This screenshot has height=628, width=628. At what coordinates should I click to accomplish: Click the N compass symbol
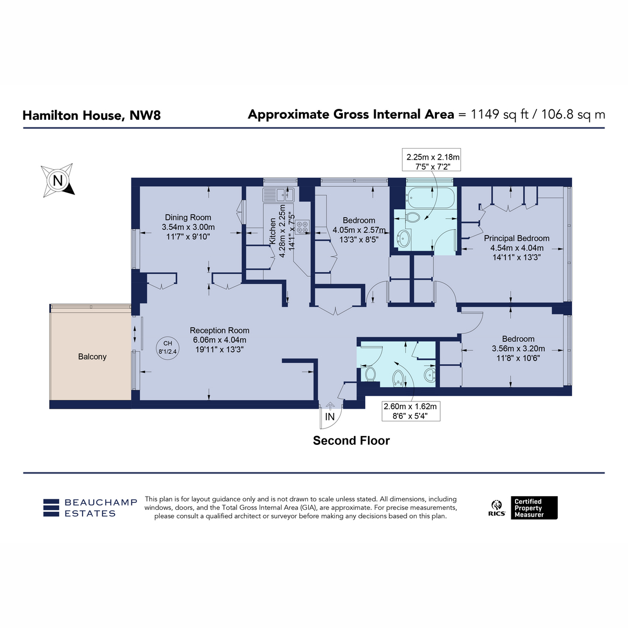pos(58,180)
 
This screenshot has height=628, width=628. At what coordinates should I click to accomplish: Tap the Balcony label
pos(92,356)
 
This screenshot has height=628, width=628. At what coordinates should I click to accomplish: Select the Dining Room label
pos(188,217)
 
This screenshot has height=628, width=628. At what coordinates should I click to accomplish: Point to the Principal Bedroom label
pos(517,238)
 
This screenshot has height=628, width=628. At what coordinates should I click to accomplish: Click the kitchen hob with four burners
pos(302,227)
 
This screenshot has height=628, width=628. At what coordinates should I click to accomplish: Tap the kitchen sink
pos(278,195)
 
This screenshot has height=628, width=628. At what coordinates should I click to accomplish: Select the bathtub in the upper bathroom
pos(430,197)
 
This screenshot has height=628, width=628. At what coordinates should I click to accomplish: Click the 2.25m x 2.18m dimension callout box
pos(431,160)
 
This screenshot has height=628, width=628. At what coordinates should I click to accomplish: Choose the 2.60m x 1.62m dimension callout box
pos(411,411)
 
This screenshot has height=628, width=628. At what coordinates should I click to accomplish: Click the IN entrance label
pos(330,417)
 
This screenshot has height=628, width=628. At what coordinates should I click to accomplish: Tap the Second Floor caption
pos(351,441)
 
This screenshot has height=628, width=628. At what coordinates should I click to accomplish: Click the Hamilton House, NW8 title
pos(92,115)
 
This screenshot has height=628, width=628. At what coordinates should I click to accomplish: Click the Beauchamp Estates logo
pos(90,508)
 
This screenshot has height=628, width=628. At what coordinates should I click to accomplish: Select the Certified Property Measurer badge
pos(534,508)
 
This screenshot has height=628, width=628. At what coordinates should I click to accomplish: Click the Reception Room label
pos(220,330)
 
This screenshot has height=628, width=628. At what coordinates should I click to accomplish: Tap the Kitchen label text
pos(273,231)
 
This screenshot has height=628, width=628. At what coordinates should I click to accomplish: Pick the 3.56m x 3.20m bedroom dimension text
pos(518,349)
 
